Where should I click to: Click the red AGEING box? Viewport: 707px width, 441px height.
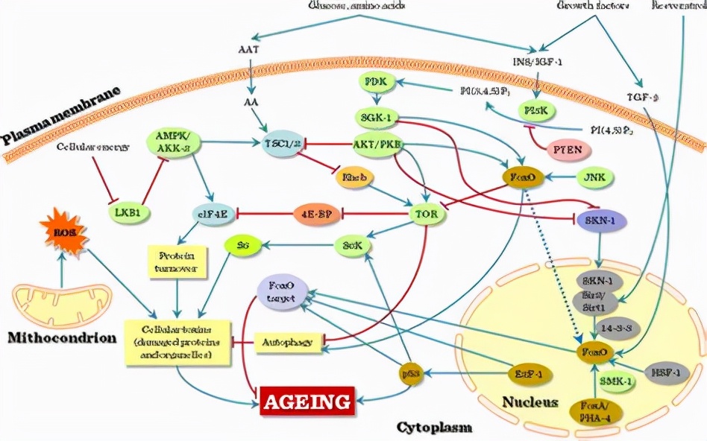click(x=307, y=402)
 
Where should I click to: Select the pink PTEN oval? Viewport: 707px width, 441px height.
click(x=569, y=149)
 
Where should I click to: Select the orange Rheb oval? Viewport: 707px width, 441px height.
click(x=352, y=177)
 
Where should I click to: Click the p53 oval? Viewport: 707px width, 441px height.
click(x=409, y=372)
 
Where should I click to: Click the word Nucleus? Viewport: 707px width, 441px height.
click(x=530, y=402)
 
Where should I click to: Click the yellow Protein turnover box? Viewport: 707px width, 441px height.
click(x=176, y=261)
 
